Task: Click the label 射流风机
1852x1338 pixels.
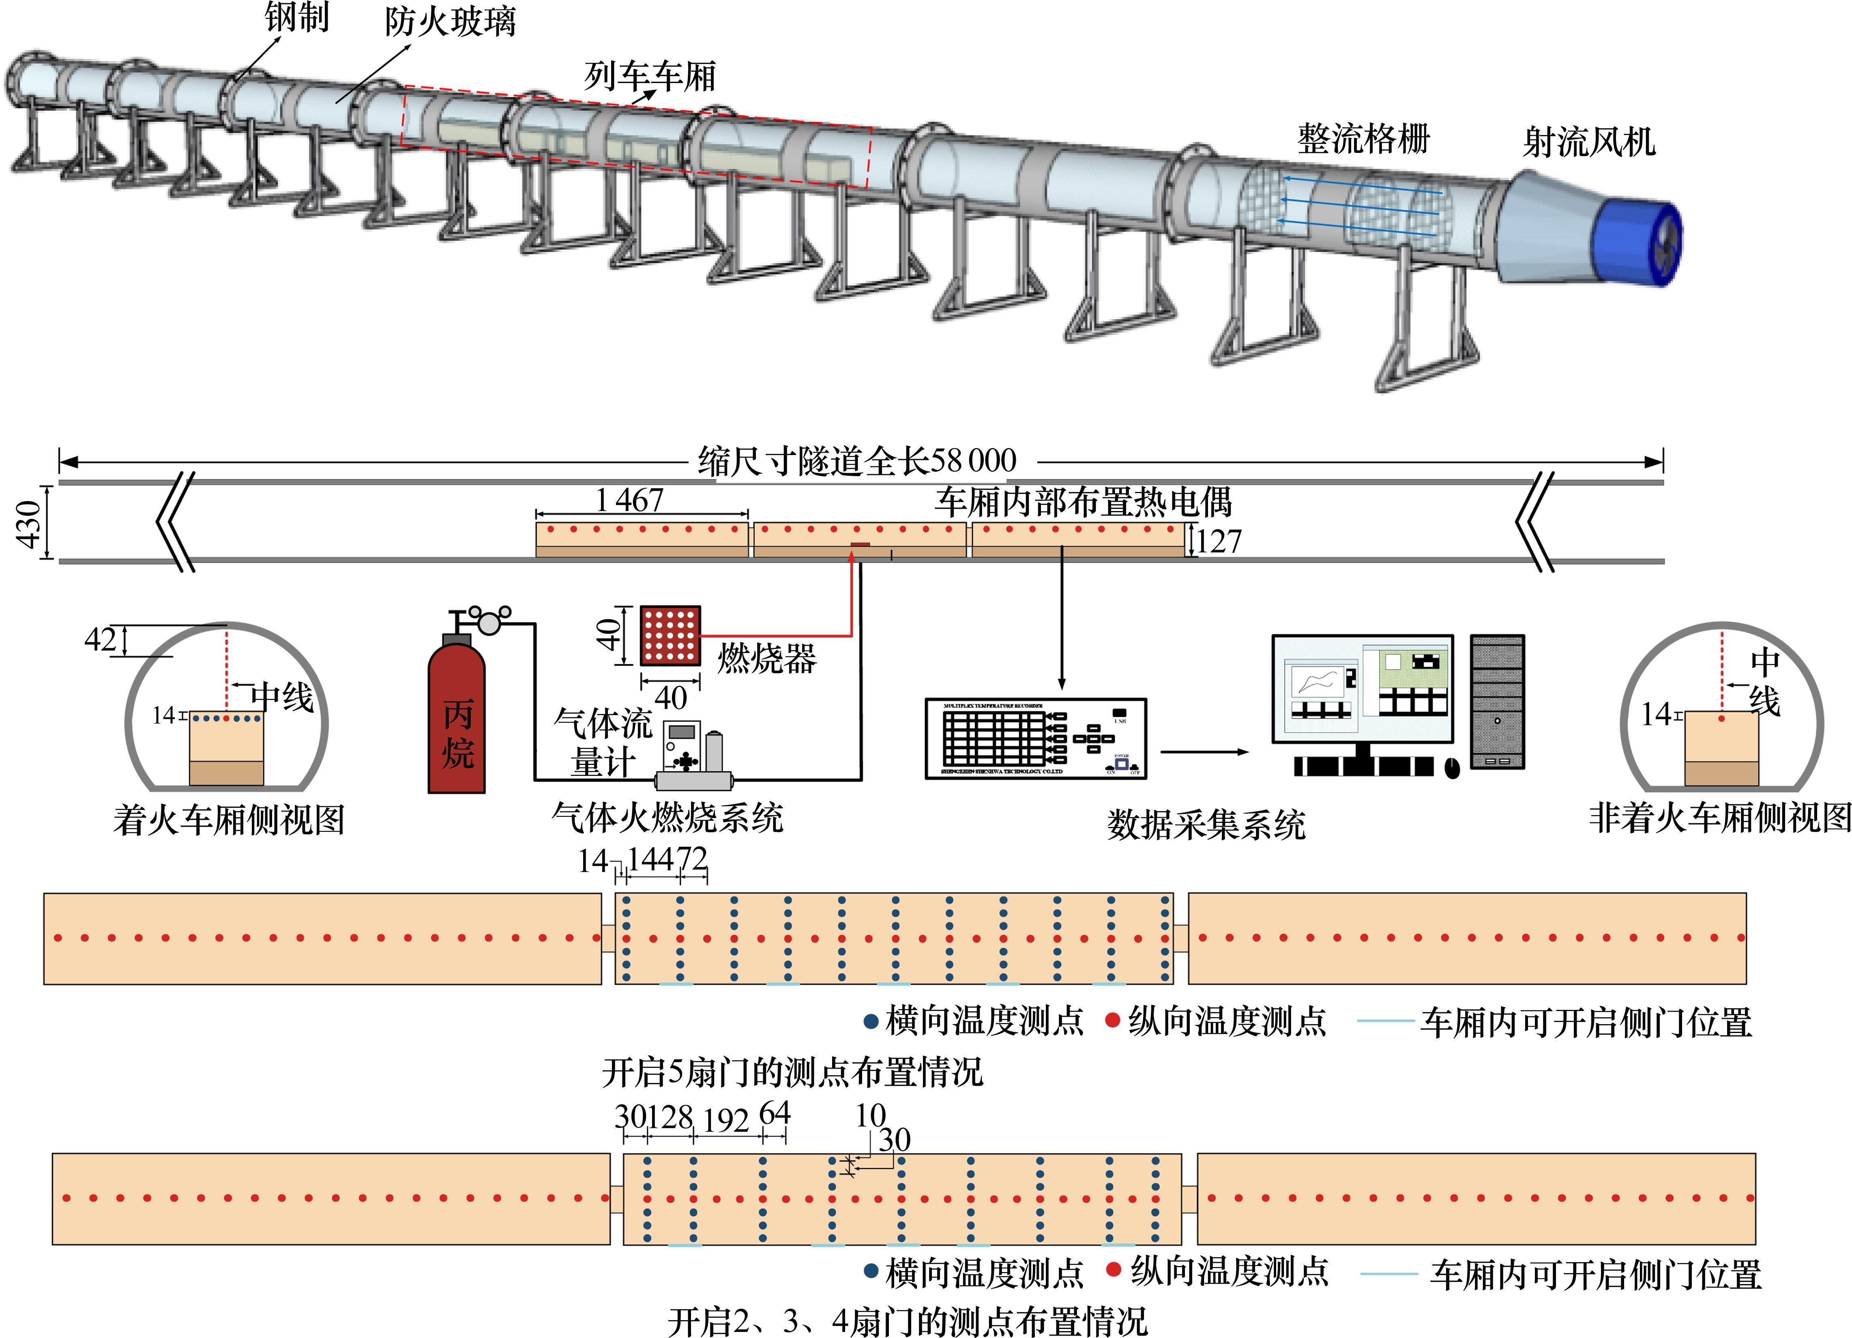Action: coord(1588,142)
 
